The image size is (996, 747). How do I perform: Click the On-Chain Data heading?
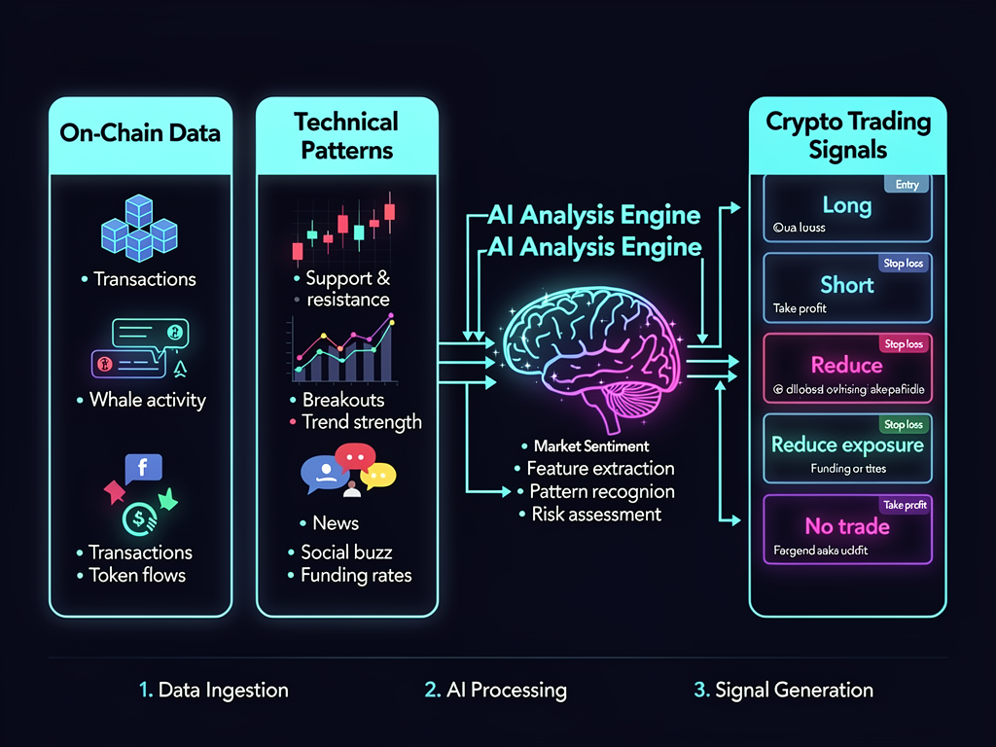click(140, 133)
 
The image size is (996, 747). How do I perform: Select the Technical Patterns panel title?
click(346, 135)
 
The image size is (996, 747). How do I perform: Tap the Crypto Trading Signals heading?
click(848, 135)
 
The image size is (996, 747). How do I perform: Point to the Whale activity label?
click(148, 400)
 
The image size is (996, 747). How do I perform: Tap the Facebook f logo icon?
click(143, 468)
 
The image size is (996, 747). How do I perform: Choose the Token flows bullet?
click(137, 575)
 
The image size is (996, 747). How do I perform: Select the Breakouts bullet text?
click(343, 400)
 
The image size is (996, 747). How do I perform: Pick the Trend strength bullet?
click(362, 422)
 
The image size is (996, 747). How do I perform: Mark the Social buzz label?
click(346, 552)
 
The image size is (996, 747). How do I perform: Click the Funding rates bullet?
click(356, 575)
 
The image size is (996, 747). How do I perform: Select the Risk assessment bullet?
click(596, 515)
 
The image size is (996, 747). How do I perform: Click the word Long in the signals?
click(847, 205)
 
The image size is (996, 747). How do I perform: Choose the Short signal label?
click(847, 285)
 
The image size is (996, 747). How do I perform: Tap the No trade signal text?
click(847, 526)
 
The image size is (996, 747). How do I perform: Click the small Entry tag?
click(907, 184)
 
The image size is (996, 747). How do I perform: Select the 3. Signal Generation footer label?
click(783, 691)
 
